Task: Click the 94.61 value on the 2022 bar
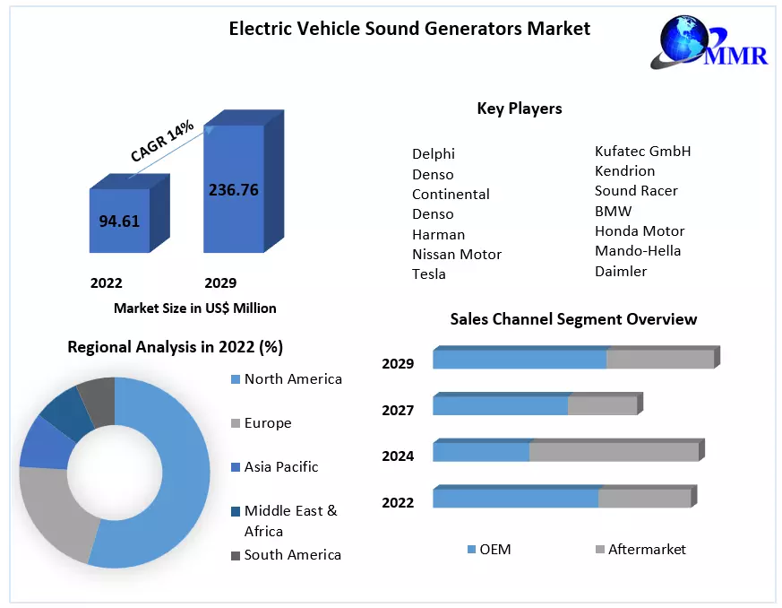[x=119, y=221]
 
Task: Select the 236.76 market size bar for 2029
[x=233, y=189]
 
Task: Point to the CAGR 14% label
[x=162, y=141]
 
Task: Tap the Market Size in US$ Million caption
[x=194, y=308]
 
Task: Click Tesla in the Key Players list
[x=429, y=274]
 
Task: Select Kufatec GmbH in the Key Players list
[x=643, y=151]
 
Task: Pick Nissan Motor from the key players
[x=457, y=254]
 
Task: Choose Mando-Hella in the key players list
[x=638, y=250]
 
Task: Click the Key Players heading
[x=520, y=109]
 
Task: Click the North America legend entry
[x=293, y=379]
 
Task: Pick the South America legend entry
[x=292, y=554]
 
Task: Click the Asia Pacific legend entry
[x=280, y=467]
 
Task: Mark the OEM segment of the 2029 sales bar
[x=520, y=359]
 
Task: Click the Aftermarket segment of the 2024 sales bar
[x=614, y=451]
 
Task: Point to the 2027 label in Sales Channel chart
[x=398, y=410]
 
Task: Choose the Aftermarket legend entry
[x=647, y=549]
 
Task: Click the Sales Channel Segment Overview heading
[x=573, y=319]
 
